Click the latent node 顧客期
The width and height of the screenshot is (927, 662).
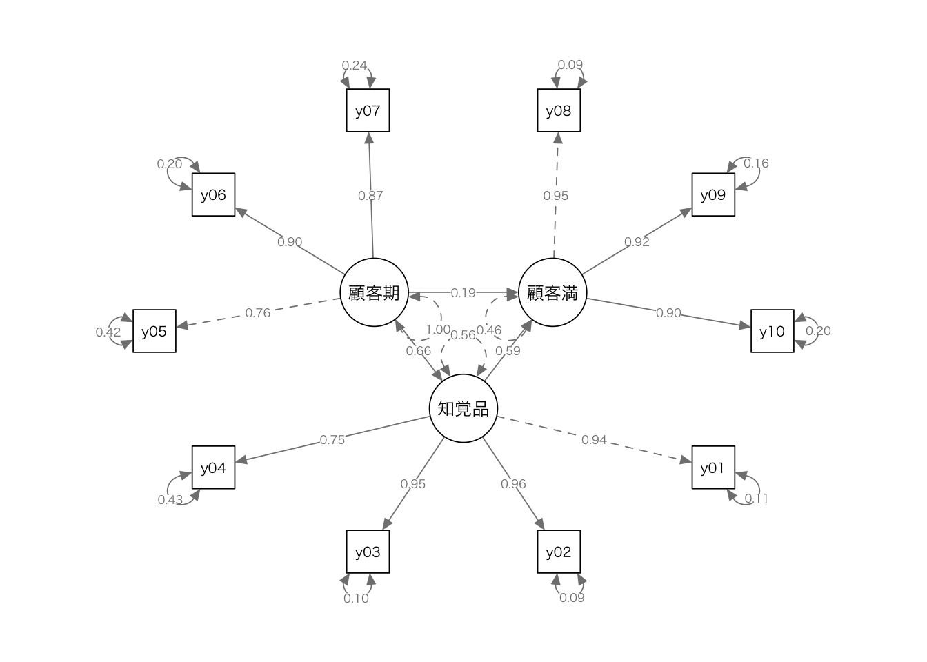(x=375, y=292)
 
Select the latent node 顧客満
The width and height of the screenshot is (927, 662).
(x=552, y=292)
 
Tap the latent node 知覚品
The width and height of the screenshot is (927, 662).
(x=464, y=408)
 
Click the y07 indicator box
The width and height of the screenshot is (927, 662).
(x=368, y=110)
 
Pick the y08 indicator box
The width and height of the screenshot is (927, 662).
(x=559, y=110)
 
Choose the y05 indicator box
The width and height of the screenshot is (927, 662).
(x=154, y=331)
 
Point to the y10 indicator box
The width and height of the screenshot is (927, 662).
(x=772, y=331)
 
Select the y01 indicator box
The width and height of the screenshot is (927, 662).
(x=713, y=468)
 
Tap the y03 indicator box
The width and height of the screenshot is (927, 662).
(x=368, y=552)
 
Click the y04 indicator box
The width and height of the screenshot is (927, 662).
(x=213, y=468)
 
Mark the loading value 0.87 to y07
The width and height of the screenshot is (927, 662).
(x=370, y=196)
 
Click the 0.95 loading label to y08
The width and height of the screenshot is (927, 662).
(x=555, y=196)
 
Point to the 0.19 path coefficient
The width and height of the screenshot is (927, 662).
(x=463, y=292)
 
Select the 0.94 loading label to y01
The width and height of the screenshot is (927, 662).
(x=594, y=440)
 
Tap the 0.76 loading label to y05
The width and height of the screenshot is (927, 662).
(x=258, y=313)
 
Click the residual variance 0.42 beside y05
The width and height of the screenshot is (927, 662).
(x=108, y=332)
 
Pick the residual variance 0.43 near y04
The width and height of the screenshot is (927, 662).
(x=170, y=499)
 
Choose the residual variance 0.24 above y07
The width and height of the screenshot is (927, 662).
(x=355, y=66)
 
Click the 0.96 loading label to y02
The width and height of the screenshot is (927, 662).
(x=513, y=484)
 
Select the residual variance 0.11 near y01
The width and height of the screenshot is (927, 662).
(x=756, y=499)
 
